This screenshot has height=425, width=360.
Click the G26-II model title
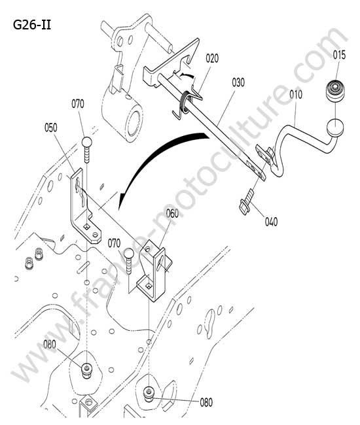tap(32, 25)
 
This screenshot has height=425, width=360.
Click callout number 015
tap(339, 56)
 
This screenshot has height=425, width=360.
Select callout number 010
tap(296, 95)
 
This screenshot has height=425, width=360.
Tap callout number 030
tap(238, 82)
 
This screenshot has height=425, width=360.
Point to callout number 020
tap(212, 58)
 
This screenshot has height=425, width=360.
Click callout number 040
tap(271, 222)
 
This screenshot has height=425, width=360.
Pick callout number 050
tap(51, 127)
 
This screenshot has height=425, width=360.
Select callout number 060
tap(173, 213)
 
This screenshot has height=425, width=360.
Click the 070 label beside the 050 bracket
tap(78, 104)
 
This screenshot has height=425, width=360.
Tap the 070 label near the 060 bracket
tap(114, 243)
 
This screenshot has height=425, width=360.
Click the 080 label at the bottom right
tap(206, 402)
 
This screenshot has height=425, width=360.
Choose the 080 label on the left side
tap(50, 345)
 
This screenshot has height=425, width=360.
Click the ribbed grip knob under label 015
tap(336, 91)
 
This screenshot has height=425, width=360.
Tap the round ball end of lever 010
tap(335, 127)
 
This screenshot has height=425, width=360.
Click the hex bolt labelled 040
tap(247, 202)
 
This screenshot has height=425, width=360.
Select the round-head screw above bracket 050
tap(87, 150)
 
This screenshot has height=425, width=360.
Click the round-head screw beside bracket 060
tap(129, 261)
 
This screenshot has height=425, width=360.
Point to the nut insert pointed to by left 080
tap(86, 370)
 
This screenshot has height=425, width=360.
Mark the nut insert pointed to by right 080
tap(149, 394)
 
